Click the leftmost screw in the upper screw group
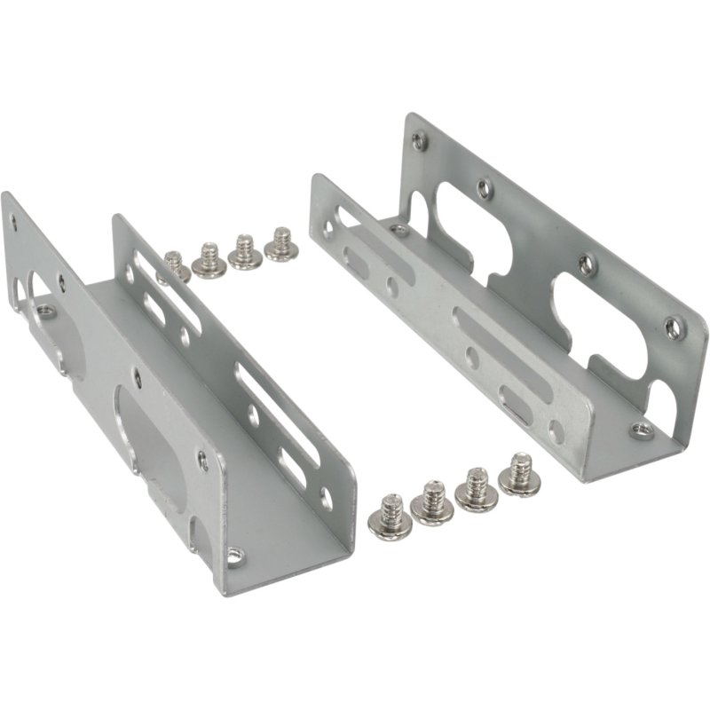175,264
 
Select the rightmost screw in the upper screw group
281,246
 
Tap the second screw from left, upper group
210,260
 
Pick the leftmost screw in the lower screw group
388,516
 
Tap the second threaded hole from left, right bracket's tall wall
484,187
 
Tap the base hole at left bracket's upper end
45,312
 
